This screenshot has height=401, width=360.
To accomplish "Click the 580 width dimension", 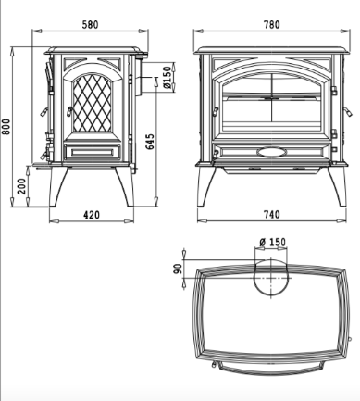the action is click(x=90, y=24).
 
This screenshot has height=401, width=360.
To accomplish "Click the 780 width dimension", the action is click(x=272, y=24).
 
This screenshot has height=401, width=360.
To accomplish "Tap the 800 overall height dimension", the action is click(x=6, y=127).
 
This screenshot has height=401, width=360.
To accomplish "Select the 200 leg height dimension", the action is click(x=22, y=186).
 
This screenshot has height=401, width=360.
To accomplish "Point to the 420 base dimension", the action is click(x=92, y=215).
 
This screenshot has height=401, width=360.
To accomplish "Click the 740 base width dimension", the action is click(x=272, y=214).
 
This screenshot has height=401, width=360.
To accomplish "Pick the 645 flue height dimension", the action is click(x=150, y=142).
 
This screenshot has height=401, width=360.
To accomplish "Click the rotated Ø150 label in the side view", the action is click(x=167, y=77).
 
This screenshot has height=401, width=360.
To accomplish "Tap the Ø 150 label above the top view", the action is click(x=273, y=242).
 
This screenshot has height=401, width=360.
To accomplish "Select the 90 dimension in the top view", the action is click(x=178, y=269).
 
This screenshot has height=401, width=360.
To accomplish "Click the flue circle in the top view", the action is click(x=271, y=277).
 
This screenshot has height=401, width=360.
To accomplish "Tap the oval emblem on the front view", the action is click(x=272, y=152).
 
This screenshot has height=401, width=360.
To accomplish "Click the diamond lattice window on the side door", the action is click(x=92, y=104).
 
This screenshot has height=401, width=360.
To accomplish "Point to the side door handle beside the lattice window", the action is click(x=69, y=111).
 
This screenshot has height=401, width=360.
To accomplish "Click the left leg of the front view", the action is click(x=205, y=186).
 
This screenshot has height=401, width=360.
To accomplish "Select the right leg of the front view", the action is click(x=338, y=186).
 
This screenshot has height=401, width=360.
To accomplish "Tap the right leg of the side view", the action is click(x=125, y=186).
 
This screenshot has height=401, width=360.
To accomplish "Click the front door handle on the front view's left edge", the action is click(x=215, y=111).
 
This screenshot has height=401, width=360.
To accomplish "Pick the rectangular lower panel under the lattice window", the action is click(x=92, y=152).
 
